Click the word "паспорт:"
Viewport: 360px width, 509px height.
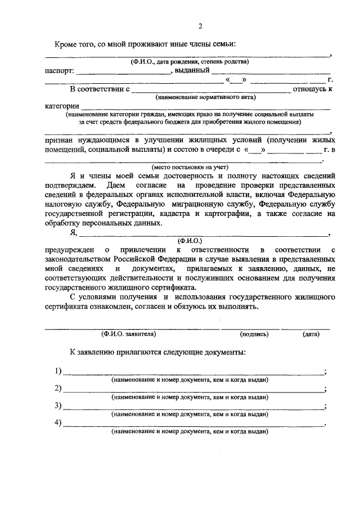point(59,71)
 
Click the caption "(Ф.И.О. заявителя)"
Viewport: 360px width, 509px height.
point(128,334)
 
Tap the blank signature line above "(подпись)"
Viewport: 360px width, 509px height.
point(249,327)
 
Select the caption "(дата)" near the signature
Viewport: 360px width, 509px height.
point(310,334)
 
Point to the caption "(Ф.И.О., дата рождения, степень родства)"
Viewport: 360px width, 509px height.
point(188,62)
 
